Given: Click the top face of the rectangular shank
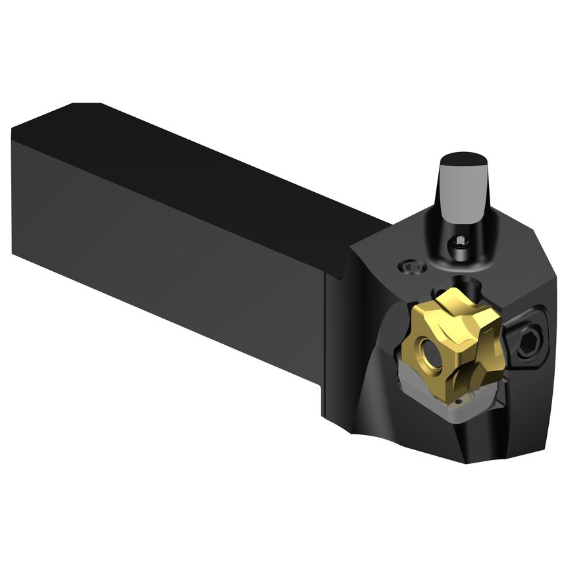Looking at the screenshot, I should coord(197,165).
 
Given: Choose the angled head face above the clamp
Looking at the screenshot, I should coord(520,276).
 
